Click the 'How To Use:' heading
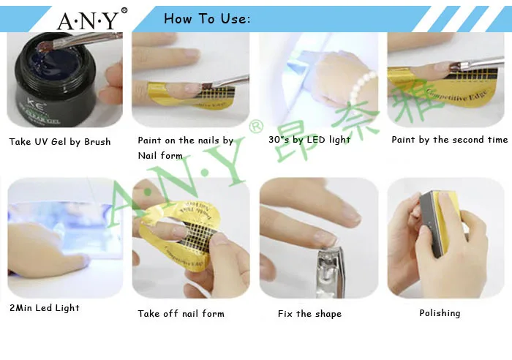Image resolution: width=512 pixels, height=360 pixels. [207, 19]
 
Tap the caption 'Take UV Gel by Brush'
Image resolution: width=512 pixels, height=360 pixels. [60, 142]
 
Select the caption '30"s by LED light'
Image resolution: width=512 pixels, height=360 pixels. [309, 140]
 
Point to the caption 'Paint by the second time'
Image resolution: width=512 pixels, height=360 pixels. [450, 140]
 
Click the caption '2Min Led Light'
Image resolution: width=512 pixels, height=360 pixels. [45, 308]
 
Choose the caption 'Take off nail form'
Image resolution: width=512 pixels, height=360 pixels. [181, 314]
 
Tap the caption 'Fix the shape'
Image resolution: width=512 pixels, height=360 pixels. [309, 314]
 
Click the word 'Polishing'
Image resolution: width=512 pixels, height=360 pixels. [440, 313]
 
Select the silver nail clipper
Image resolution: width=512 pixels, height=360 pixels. [330, 271]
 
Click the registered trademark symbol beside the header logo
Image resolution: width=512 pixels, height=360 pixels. [124, 11]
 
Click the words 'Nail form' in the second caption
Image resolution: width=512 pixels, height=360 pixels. [160, 156]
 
